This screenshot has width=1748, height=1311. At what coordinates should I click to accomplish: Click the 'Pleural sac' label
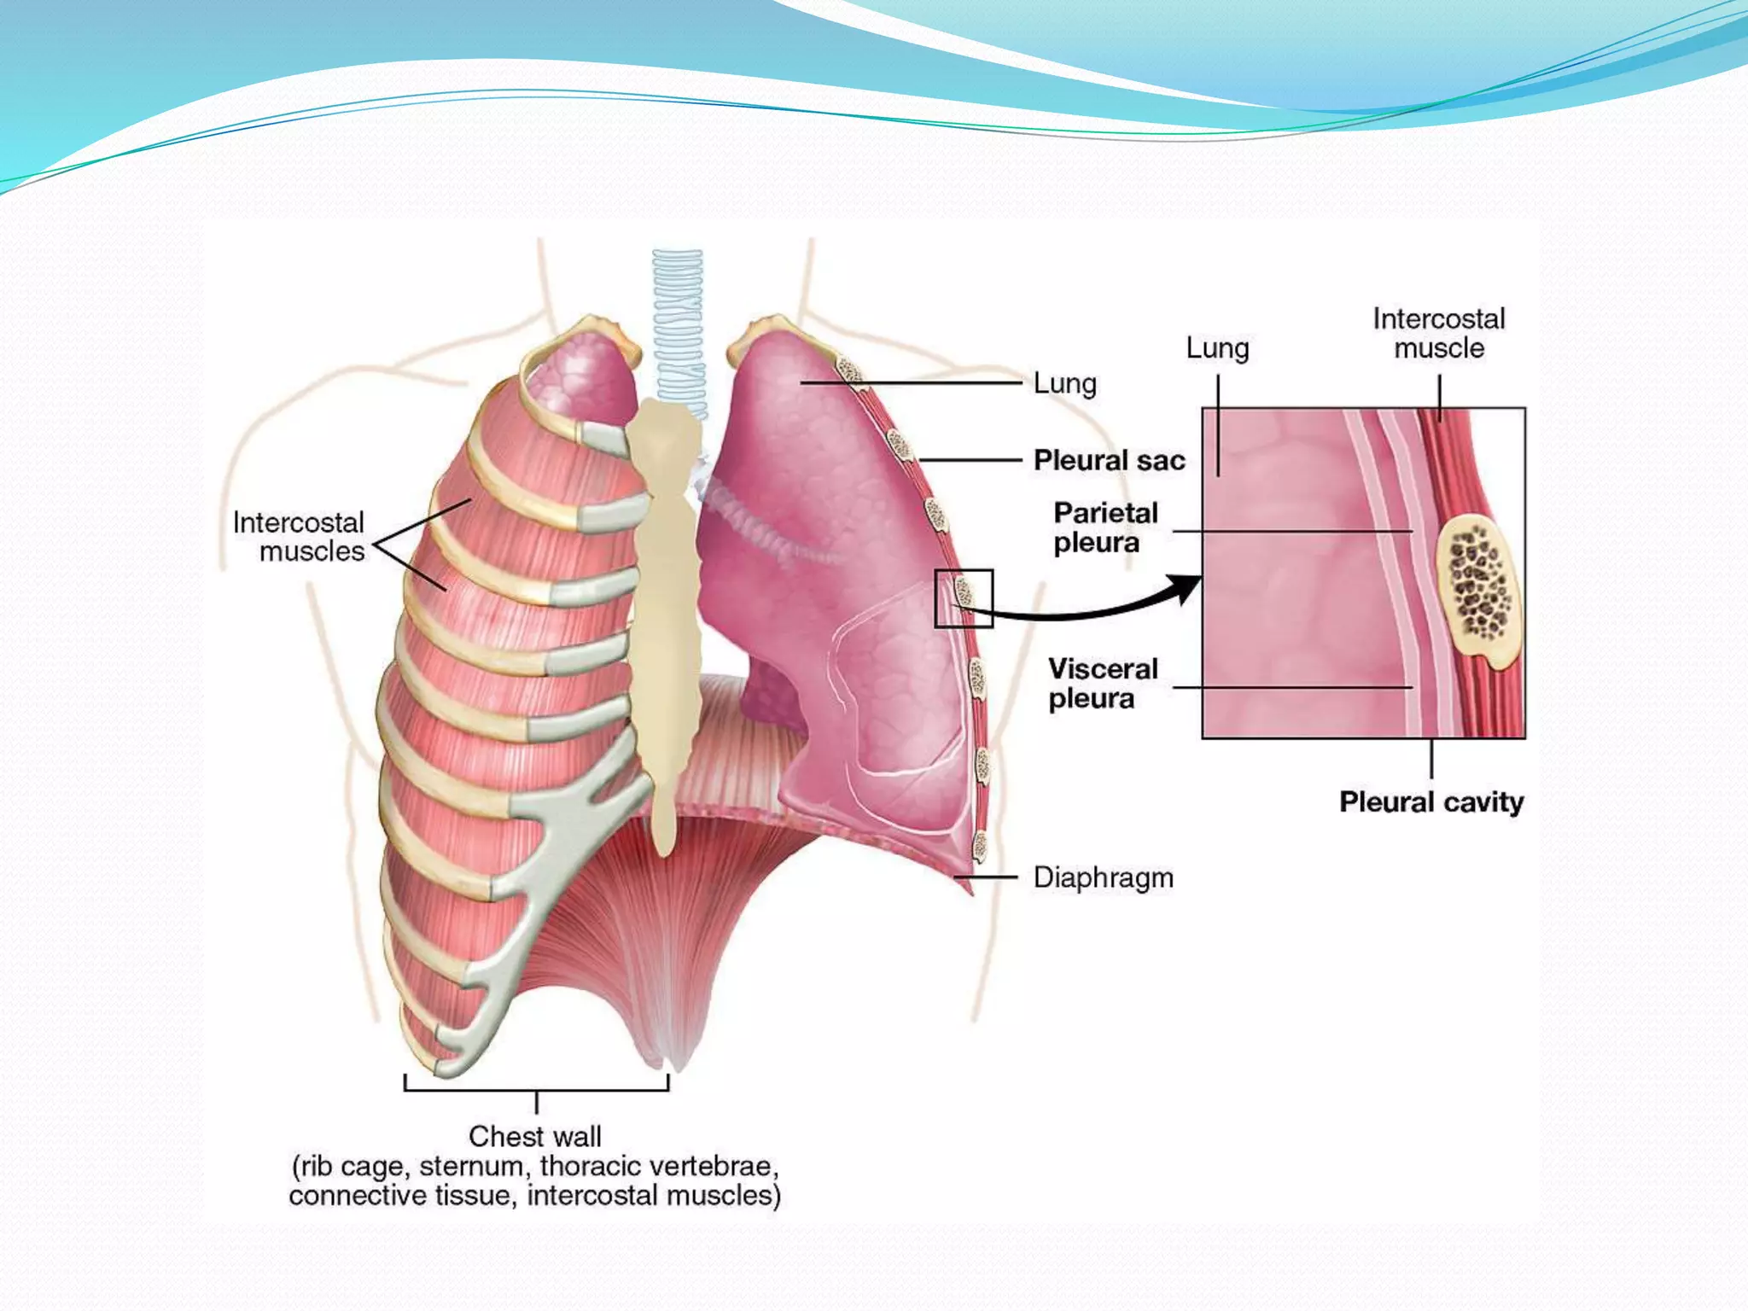1109,461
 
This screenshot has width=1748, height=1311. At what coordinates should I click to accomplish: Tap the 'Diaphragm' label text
1103,877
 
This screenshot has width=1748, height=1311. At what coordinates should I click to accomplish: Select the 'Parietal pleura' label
1104,527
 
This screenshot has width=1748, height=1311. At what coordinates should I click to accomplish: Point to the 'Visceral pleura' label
1102,684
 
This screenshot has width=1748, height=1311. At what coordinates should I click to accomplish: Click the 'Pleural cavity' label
1430,802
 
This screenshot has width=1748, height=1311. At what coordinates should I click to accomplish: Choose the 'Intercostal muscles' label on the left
299,537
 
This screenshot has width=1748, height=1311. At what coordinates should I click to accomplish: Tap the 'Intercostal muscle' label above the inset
1438,334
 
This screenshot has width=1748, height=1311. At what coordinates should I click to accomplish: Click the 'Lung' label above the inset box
1217,348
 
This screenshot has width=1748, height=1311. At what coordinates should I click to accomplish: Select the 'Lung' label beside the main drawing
1064,384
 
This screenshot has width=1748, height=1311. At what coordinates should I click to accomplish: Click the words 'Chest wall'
535,1137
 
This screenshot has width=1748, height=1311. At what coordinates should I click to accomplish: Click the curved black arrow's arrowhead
1188,587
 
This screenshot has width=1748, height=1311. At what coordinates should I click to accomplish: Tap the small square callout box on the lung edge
964,598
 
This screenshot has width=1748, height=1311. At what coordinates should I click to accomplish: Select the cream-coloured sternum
666,597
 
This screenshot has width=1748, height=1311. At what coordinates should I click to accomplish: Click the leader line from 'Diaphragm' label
986,877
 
